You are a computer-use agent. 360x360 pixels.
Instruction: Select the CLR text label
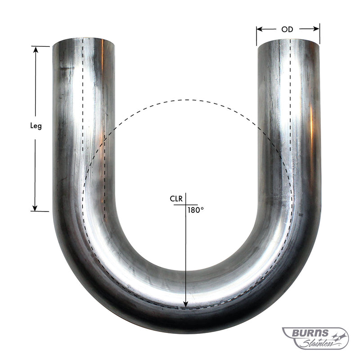[x=176, y=198]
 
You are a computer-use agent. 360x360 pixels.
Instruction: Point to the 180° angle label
[x=196, y=210]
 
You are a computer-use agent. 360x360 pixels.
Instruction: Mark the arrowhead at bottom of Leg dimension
[x=35, y=208]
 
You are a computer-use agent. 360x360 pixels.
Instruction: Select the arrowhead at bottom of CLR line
[x=185, y=304]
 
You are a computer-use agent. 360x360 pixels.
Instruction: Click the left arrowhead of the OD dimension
[x=260, y=29]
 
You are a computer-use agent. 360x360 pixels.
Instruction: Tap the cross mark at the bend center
[x=185, y=205]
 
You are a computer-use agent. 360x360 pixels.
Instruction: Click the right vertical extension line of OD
[x=319, y=34]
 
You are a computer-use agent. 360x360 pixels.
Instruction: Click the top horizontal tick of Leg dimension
[x=40, y=46]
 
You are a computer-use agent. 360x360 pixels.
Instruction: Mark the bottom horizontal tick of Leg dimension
[x=40, y=211]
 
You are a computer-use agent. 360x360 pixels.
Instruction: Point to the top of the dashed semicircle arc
[x=185, y=100]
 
